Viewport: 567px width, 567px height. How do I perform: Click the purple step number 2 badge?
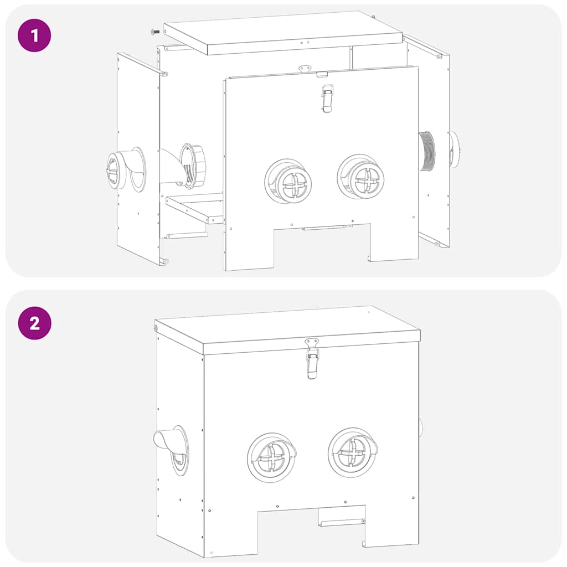34,323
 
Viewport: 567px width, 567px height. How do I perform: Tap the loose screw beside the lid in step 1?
156,32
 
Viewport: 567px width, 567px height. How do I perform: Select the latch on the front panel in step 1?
327,99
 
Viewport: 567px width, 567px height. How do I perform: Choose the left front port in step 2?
271,457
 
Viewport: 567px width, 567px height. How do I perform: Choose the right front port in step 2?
353,452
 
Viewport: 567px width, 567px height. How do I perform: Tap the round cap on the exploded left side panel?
115,170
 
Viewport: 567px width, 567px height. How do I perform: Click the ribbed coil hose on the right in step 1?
427,151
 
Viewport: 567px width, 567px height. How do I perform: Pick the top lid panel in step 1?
282,32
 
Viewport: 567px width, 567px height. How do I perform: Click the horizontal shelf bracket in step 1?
194,208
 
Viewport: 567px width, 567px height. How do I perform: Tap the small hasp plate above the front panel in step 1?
305,69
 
